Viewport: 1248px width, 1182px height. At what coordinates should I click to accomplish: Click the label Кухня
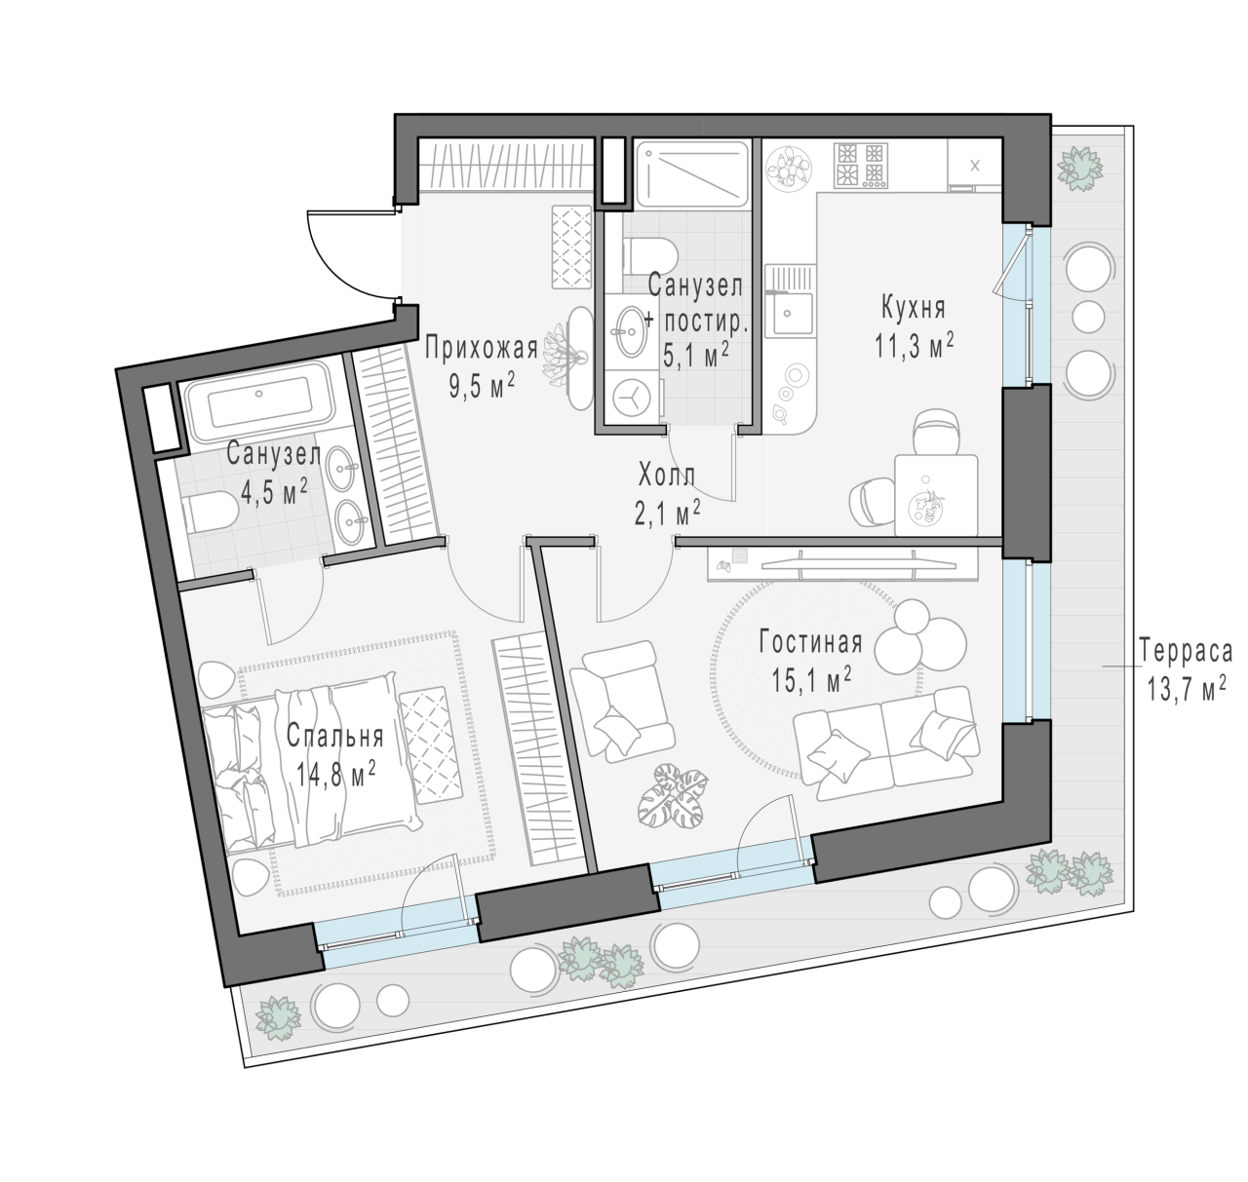pyautogui.click(x=913, y=308)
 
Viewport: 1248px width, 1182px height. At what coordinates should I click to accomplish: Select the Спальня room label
pyautogui.click(x=334, y=737)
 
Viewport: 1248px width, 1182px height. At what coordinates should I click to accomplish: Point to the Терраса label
pyautogui.click(x=1186, y=651)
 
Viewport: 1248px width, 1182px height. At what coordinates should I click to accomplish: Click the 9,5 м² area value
pyautogui.click(x=482, y=385)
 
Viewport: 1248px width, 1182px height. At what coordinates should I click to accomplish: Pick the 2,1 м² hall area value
pyautogui.click(x=667, y=514)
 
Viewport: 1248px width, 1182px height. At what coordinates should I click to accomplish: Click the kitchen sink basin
pyautogui.click(x=788, y=313)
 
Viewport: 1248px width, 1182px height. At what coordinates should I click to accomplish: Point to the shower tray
pyautogui.click(x=692, y=173)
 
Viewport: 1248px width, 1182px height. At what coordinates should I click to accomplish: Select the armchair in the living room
pyautogui.click(x=621, y=700)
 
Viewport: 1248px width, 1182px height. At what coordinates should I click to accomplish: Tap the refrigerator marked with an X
pyautogui.click(x=974, y=165)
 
